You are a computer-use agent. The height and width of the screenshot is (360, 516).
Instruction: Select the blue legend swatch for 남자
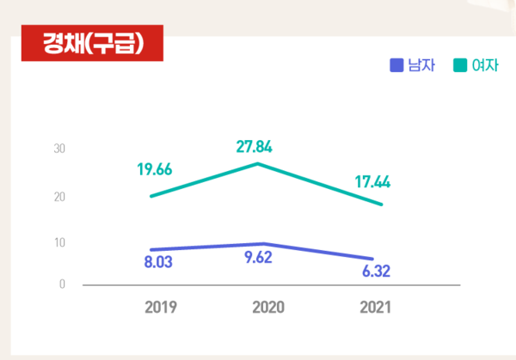(x=396, y=64)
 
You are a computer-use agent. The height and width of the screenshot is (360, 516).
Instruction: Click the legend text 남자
(x=421, y=64)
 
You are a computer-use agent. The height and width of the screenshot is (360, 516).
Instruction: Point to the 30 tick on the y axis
(x=59, y=149)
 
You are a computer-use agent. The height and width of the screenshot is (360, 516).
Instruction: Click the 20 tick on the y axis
(x=59, y=197)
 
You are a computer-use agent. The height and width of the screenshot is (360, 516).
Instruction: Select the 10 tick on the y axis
(x=59, y=242)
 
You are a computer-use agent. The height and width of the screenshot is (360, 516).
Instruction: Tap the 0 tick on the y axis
(x=62, y=284)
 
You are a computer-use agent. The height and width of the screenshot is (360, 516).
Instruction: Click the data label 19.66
(x=155, y=170)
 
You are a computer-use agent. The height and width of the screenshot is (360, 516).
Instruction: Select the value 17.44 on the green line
(x=372, y=182)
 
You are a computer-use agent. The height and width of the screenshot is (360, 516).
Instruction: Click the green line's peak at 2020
(x=259, y=163)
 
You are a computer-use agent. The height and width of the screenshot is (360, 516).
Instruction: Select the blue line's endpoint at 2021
(x=373, y=259)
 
